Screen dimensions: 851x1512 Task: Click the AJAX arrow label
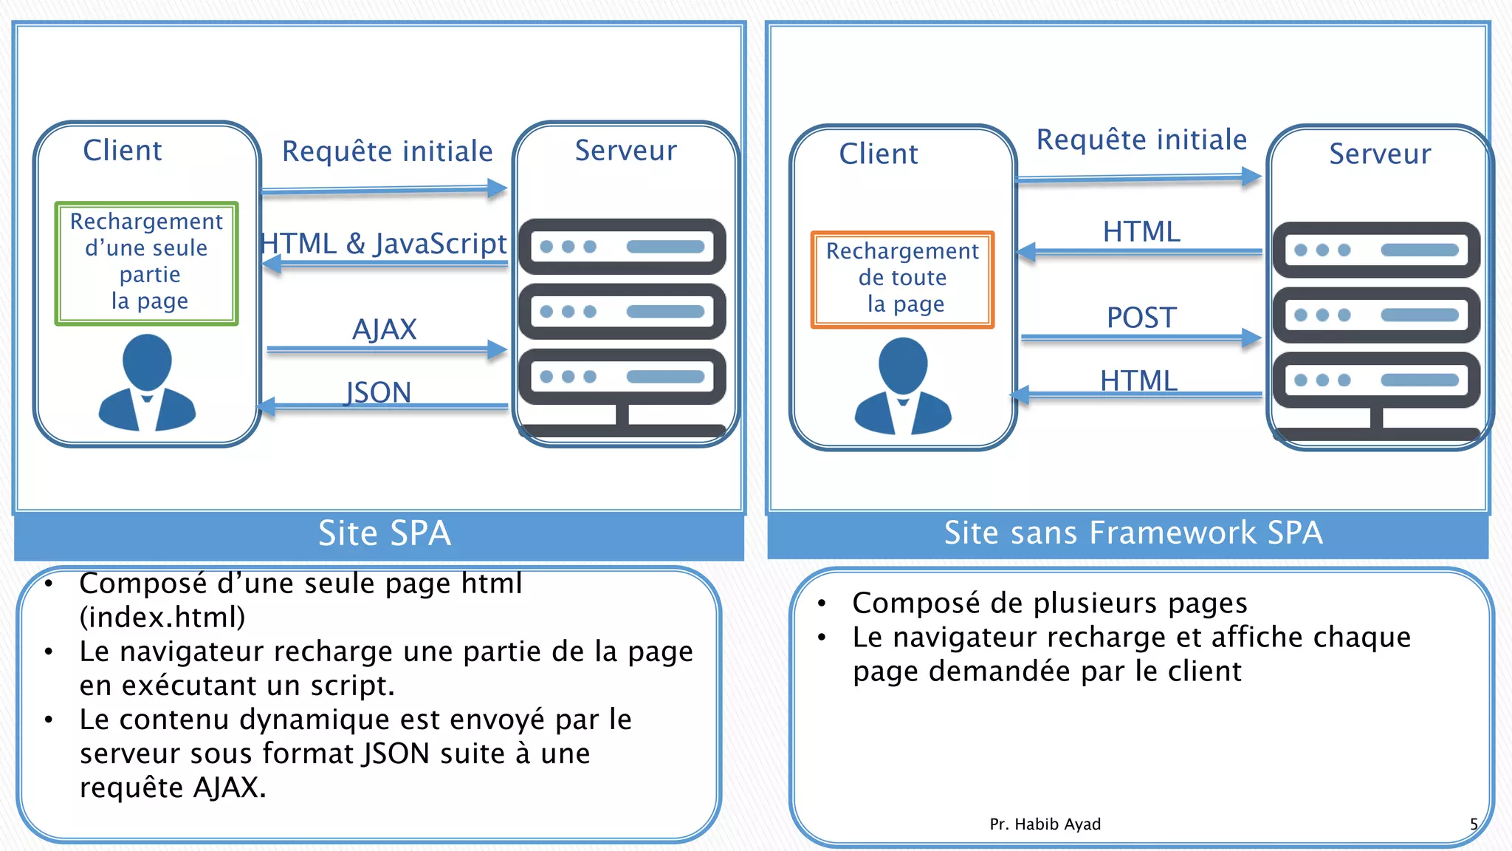[384, 329]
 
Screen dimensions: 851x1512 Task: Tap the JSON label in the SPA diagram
[378, 392]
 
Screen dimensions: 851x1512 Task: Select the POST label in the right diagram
[1141, 318]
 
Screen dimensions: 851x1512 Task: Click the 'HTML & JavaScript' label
[384, 243]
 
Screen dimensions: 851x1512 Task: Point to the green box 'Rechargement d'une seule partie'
[146, 262]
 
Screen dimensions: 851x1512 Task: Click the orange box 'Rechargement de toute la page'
[902, 278]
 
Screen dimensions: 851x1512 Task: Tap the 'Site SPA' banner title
[384, 533]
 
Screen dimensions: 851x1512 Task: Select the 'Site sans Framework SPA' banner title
[1133, 533]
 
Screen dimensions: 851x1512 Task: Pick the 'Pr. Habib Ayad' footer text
[1045, 824]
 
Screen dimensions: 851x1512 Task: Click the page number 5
[1474, 824]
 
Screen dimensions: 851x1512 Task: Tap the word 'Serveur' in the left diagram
[625, 151]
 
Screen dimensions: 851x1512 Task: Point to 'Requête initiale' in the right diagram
[1141, 140]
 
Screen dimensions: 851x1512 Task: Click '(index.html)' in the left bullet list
[162, 617]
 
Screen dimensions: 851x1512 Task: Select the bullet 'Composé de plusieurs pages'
[1049, 603]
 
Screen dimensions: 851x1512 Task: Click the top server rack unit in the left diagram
[622, 247]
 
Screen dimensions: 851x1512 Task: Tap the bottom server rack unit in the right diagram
[1376, 380]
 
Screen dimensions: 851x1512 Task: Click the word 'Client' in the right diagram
[878, 154]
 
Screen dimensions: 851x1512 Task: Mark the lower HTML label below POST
[1138, 381]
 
